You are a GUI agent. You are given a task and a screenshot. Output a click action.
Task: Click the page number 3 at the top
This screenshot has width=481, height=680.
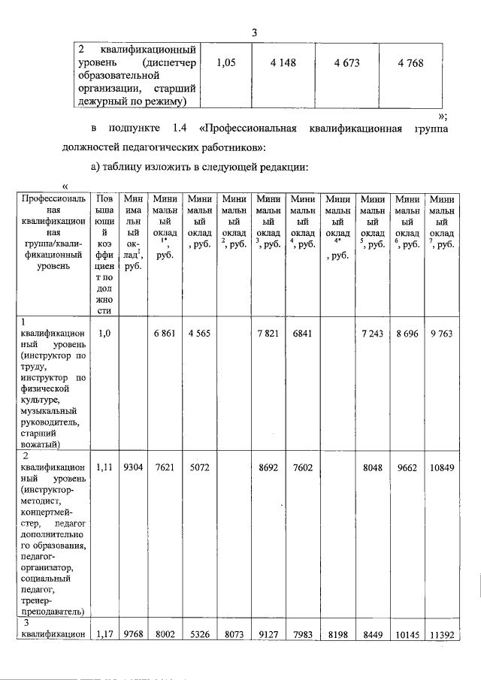[x=255, y=32]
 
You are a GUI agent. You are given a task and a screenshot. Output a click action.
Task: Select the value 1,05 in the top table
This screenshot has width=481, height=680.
[x=226, y=64]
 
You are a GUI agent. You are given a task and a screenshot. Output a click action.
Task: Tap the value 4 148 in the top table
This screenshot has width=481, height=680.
[x=283, y=64]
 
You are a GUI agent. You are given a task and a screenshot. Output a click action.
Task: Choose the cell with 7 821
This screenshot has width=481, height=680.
[x=268, y=334]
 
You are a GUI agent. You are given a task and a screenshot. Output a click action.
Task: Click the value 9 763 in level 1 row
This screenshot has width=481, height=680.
[x=440, y=334]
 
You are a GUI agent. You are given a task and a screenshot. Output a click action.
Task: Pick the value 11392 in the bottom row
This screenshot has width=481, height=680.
[x=440, y=634]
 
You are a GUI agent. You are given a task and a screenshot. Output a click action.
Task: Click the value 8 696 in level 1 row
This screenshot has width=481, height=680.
[x=407, y=334]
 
